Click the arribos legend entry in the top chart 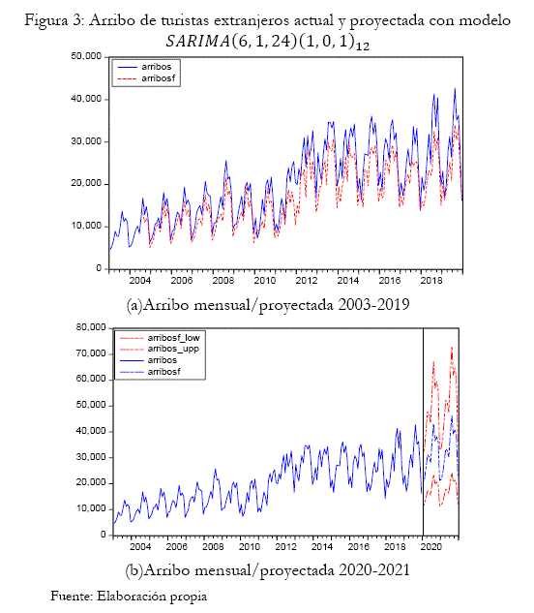click(144, 67)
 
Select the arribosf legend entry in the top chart click(146, 78)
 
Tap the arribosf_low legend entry click(160, 338)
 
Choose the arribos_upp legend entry click(160, 349)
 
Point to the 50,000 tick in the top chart click(86, 56)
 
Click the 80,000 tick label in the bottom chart click(91, 327)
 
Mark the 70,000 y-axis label click(91, 353)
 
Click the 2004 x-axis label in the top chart click(140, 280)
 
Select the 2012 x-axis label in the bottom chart click(285, 546)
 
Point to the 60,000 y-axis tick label click(91, 380)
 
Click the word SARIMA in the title click(198, 41)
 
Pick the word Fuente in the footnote click(72, 597)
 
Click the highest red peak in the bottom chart click(452, 347)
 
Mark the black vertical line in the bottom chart click(423, 432)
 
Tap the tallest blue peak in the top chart click(455, 89)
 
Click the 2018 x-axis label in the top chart click(430, 280)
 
